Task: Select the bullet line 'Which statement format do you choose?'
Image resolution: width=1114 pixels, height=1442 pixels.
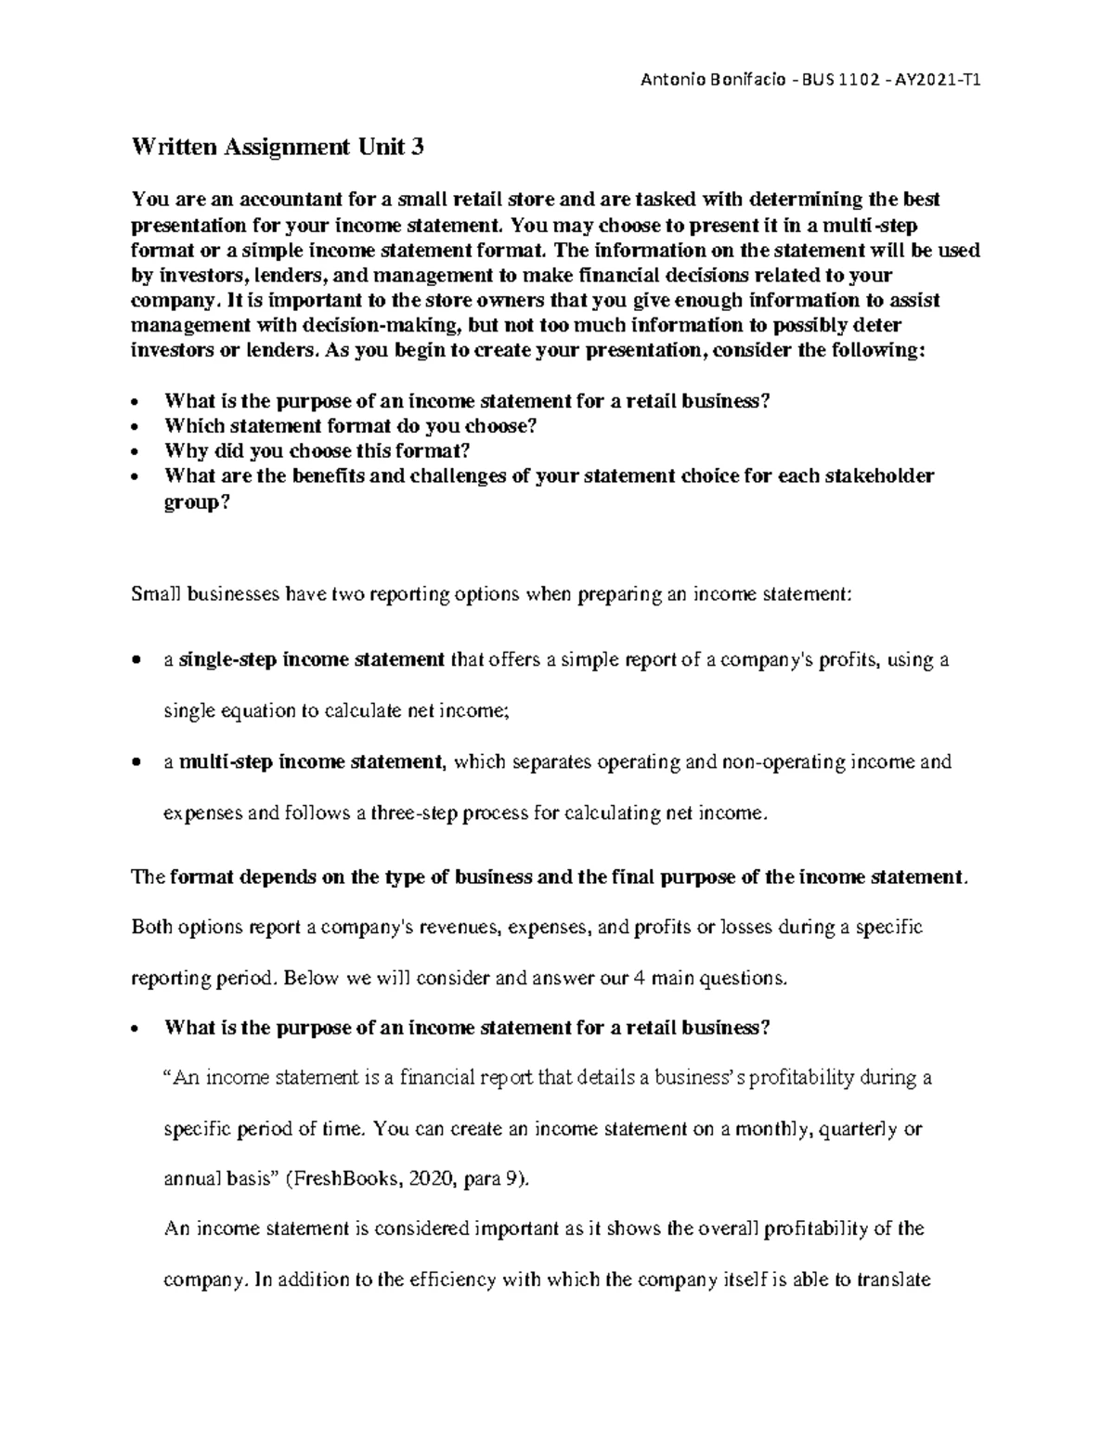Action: tap(350, 425)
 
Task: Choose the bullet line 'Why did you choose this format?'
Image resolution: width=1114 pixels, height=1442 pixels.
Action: tap(317, 450)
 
